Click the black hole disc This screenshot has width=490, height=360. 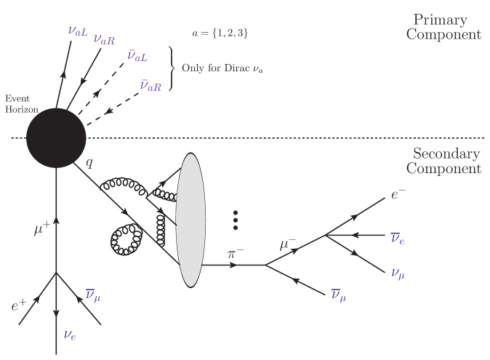[x=57, y=138]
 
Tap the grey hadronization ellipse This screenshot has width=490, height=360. [x=189, y=219]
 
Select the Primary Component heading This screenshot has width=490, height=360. [x=446, y=26]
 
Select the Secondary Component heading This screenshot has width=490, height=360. [x=446, y=161]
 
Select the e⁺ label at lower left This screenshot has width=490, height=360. [x=20, y=306]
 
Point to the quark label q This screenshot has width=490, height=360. [x=89, y=163]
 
